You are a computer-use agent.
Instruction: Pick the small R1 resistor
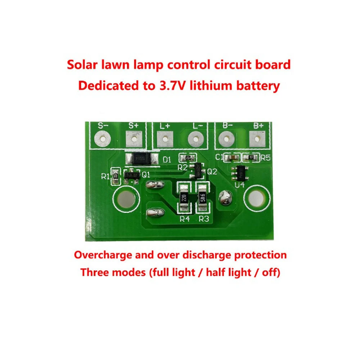116,176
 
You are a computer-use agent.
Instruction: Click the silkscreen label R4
184,219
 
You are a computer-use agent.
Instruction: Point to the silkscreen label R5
265,157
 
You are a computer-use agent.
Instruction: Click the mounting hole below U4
256,198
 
